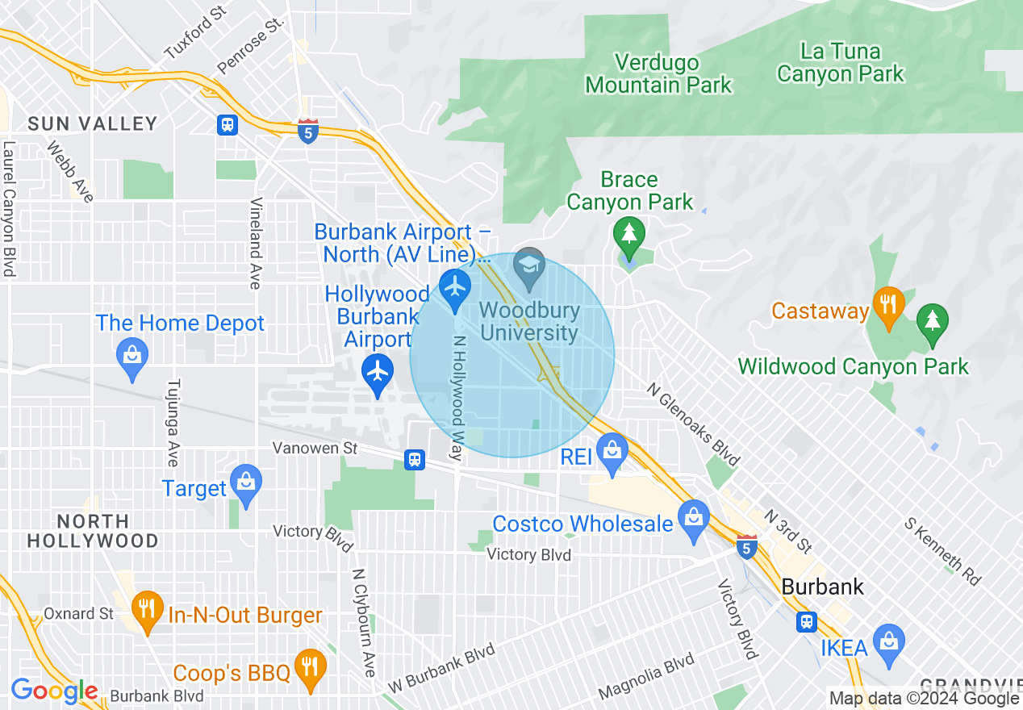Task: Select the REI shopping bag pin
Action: coord(612,451)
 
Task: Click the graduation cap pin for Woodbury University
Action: coord(530,266)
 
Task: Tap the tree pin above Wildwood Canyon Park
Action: coord(933,320)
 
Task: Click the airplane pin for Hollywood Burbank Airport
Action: coord(378,372)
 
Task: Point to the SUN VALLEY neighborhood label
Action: coord(93,123)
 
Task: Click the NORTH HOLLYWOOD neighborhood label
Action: coord(92,531)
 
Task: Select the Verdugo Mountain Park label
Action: coord(658,73)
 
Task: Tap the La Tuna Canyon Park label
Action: coord(840,63)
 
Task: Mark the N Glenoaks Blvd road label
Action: coord(693,424)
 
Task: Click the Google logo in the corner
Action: coord(54,691)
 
